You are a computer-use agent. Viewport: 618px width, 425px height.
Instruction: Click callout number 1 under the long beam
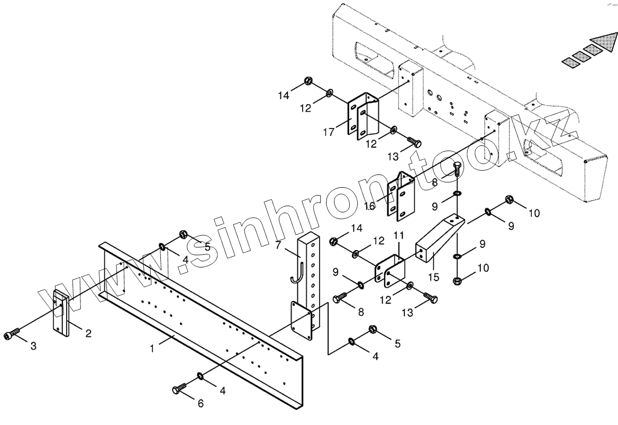[152, 349]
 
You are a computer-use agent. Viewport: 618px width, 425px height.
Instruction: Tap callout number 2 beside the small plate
[88, 333]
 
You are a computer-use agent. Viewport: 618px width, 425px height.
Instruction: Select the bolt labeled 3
[13, 335]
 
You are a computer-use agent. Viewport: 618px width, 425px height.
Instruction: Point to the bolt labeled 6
[179, 390]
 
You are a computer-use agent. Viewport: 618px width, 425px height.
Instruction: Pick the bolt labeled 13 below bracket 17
[414, 142]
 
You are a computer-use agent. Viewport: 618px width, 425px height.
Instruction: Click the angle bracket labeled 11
[390, 268]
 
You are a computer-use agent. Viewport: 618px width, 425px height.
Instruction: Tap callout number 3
[33, 346]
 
